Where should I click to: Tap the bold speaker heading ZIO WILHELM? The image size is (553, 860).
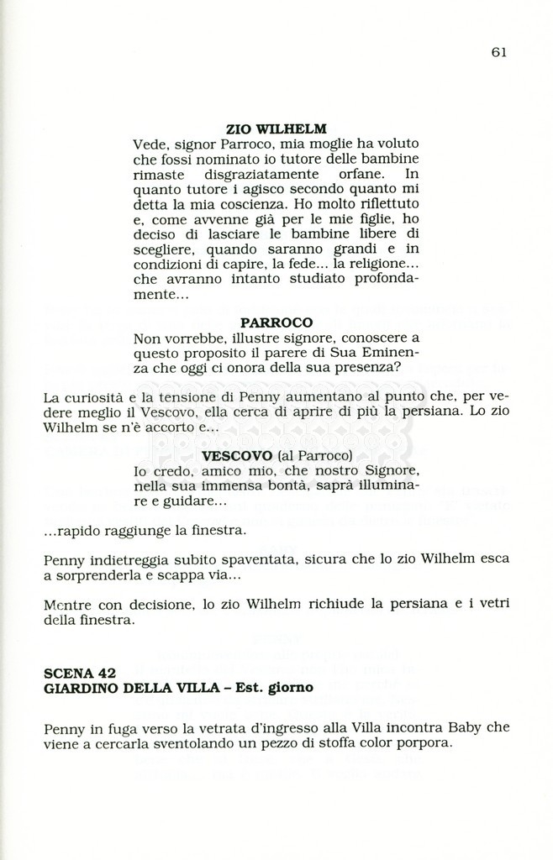click(276, 129)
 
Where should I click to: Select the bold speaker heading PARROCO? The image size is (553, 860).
click(276, 322)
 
